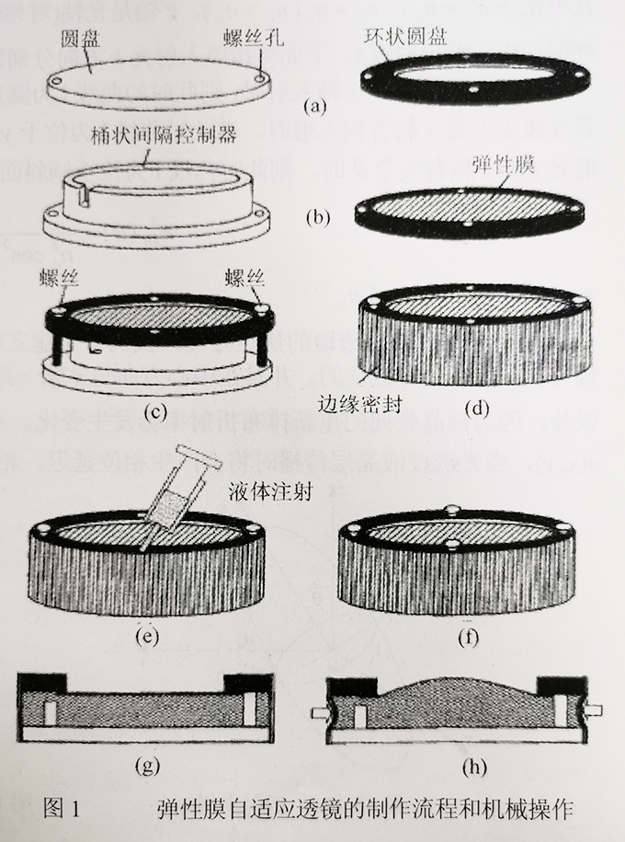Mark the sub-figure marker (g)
[x=150, y=764]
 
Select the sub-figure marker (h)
[x=456, y=764]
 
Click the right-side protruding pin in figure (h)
[x=591, y=711]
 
